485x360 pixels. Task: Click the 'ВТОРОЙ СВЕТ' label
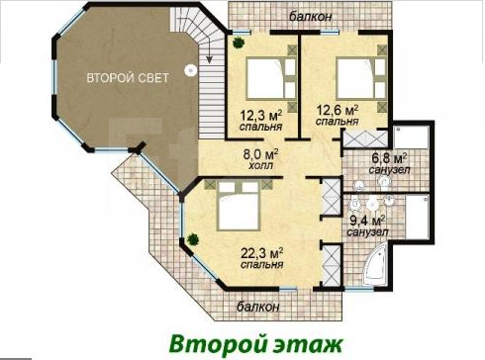[128, 78]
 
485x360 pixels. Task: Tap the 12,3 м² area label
[260, 116]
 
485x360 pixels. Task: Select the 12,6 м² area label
[338, 110]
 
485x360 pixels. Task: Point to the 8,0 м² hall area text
[260, 154]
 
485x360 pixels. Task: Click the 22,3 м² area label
[262, 253]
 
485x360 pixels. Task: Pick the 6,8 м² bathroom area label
[389, 158]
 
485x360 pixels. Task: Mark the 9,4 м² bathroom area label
[367, 221]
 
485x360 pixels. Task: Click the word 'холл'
[260, 165]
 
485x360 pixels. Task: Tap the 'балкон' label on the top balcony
[310, 17]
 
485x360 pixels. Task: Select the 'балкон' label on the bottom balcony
[258, 307]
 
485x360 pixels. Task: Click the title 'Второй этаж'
[255, 344]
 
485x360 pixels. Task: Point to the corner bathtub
[376, 265]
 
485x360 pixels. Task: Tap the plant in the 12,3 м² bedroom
[238, 43]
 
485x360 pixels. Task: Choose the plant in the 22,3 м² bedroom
[193, 239]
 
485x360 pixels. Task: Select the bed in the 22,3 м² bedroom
[238, 206]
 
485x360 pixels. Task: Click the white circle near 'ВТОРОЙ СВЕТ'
[190, 70]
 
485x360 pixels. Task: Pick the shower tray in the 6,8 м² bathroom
[411, 137]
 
